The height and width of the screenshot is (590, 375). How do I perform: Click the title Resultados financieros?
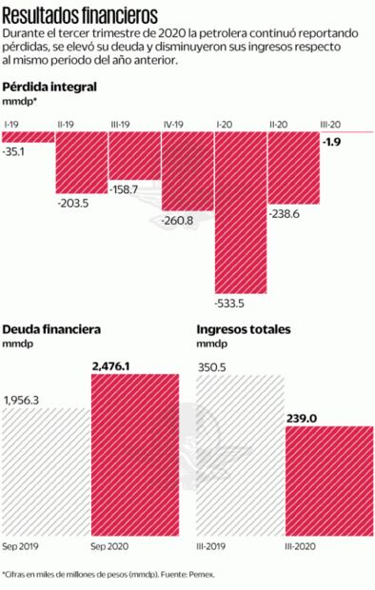pyautogui.click(x=78, y=13)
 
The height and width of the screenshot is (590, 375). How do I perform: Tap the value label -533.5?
pyautogui.click(x=232, y=305)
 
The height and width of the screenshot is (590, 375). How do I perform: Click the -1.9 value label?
pyautogui.click(x=335, y=142)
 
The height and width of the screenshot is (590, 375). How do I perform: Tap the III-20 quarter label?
pyautogui.click(x=333, y=124)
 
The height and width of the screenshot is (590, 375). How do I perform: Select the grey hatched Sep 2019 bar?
pyautogui.click(x=45, y=476)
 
